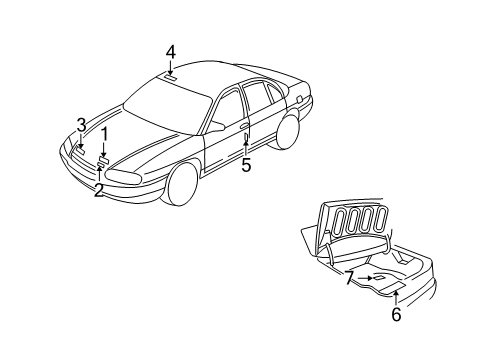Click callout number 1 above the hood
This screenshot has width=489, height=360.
click(103, 133)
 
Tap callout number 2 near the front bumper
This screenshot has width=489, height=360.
click(98, 190)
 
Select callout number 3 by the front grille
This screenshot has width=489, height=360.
click(80, 124)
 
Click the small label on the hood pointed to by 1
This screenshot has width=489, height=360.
click(104, 158)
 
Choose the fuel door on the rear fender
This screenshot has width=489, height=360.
click(299, 98)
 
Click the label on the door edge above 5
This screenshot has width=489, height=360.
click(245, 140)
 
